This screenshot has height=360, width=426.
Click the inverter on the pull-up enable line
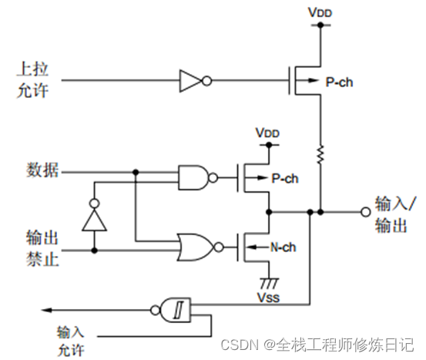(x=191, y=79)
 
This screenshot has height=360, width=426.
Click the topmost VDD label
(x=317, y=13)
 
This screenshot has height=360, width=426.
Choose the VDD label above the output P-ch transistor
(x=266, y=133)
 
